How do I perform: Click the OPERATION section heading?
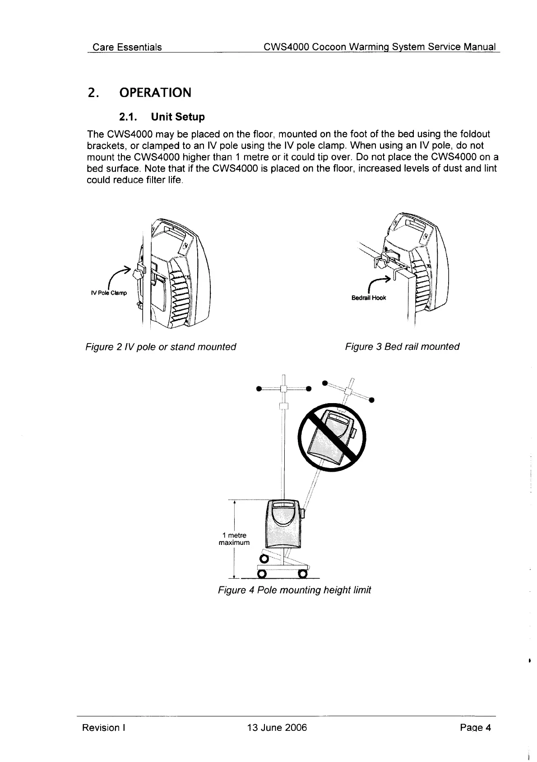click(x=155, y=93)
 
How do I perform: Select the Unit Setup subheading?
click(x=161, y=117)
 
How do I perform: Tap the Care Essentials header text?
click(x=127, y=47)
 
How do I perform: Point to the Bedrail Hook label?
click(x=369, y=298)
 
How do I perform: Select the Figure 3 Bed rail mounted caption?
click(x=402, y=347)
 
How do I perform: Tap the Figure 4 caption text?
click(x=294, y=590)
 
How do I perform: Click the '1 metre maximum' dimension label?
click(x=234, y=539)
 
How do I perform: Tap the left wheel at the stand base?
click(x=260, y=574)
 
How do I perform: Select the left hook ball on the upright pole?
click(x=259, y=388)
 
